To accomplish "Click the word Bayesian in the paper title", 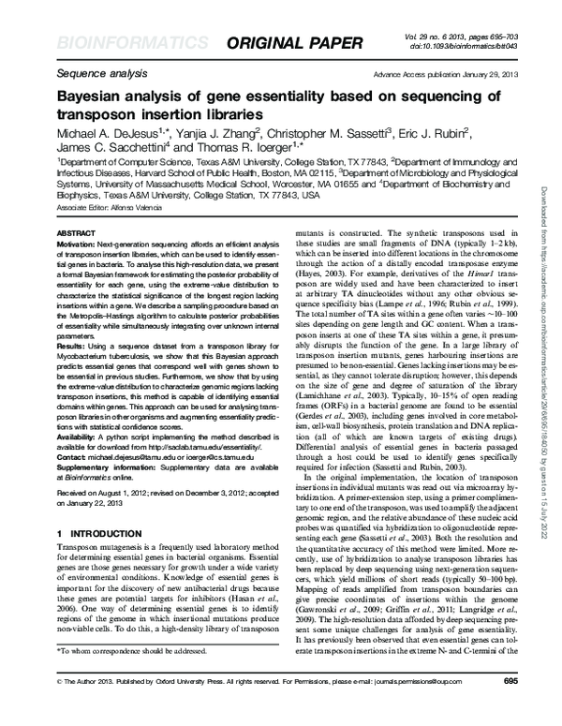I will [96, 96].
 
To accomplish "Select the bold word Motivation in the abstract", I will [81, 243].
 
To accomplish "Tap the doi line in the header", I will [459, 43].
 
